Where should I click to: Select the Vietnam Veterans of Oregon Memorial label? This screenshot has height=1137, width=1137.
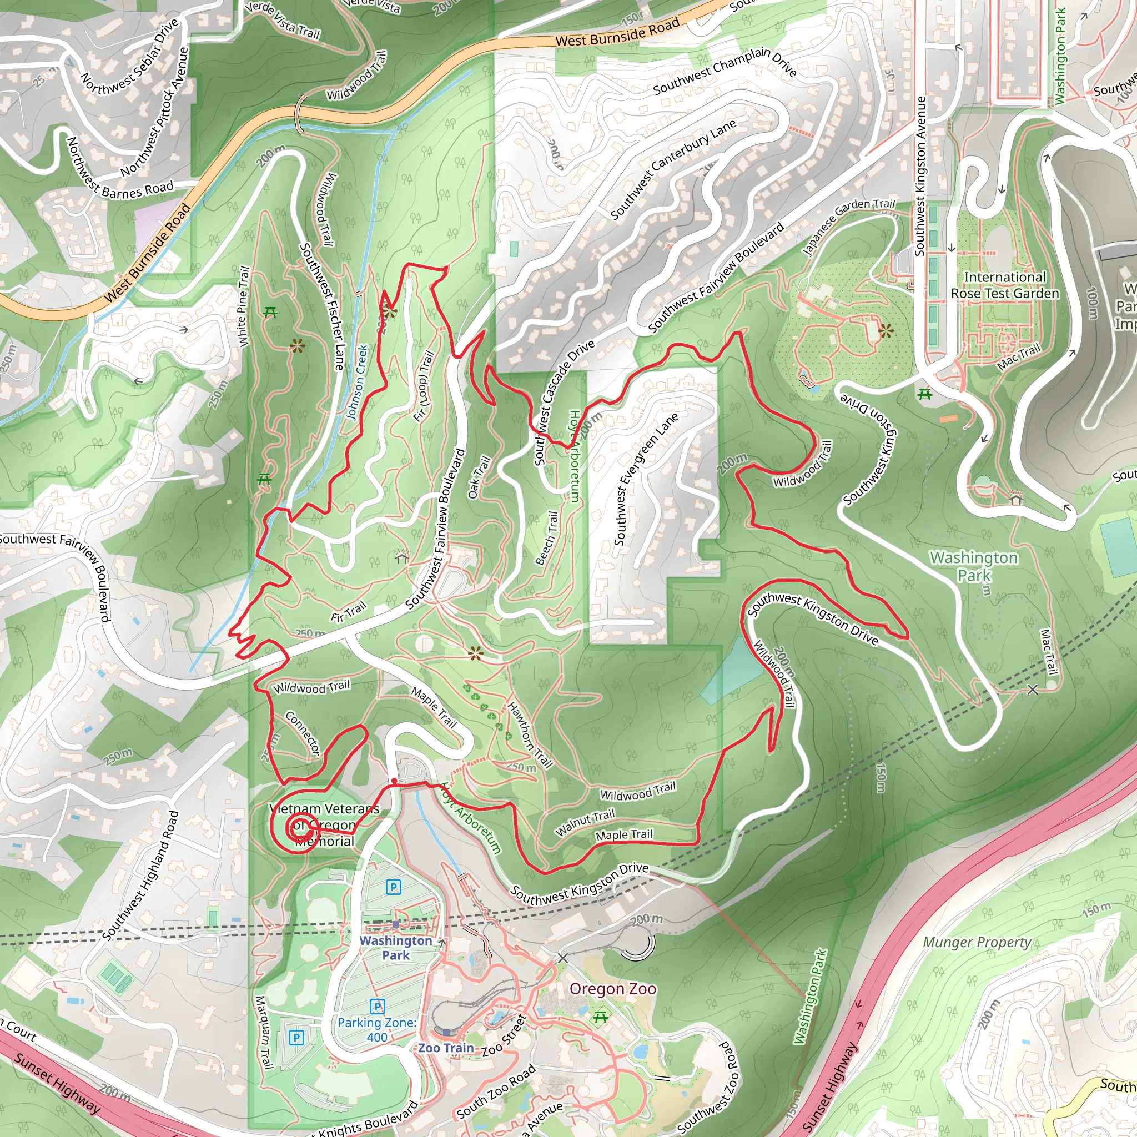click(x=324, y=824)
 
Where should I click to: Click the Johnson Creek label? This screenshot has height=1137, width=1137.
click(x=356, y=382)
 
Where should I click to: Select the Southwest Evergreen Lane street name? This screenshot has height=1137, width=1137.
click(x=646, y=479)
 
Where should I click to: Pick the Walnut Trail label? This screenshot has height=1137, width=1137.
click(x=585, y=822)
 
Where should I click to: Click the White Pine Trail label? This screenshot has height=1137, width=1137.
click(x=244, y=306)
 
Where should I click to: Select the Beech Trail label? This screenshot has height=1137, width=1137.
click(x=546, y=538)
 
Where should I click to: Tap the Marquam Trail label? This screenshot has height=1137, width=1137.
click(x=264, y=1032)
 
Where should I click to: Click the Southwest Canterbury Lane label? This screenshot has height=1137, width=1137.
click(x=672, y=169)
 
